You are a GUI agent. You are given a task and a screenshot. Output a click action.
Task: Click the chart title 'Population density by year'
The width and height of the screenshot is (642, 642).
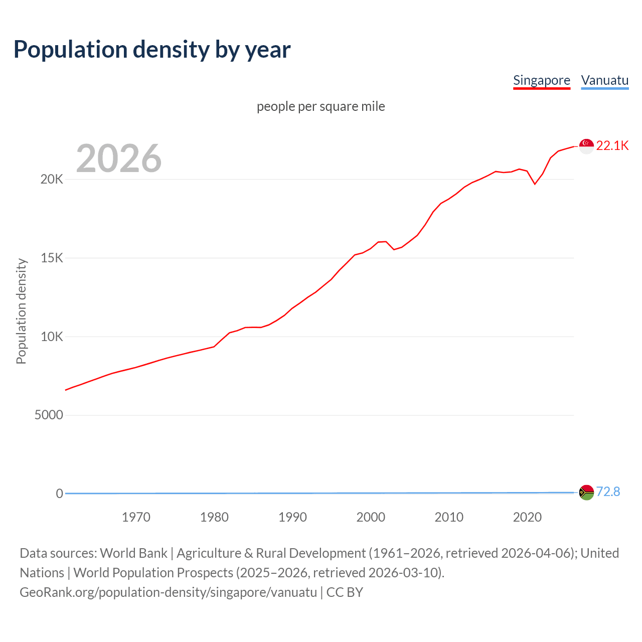pyautogui.click(x=152, y=50)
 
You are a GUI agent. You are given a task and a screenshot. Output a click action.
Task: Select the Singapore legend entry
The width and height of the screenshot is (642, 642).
pyautogui.click(x=541, y=81)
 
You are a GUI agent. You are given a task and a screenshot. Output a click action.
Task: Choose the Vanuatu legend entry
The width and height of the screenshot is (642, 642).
pyautogui.click(x=604, y=81)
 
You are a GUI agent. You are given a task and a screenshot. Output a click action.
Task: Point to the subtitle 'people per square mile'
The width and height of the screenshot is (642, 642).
pyautogui.click(x=320, y=107)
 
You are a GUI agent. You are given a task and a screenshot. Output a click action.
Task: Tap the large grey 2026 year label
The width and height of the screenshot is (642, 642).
pyautogui.click(x=119, y=158)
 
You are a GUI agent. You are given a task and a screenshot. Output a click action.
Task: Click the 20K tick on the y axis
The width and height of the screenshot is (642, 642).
pyautogui.click(x=52, y=180)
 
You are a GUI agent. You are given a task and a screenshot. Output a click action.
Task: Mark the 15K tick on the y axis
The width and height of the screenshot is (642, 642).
pyautogui.click(x=52, y=258)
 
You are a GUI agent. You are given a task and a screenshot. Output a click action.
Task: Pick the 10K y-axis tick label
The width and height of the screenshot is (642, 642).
pyautogui.click(x=52, y=337)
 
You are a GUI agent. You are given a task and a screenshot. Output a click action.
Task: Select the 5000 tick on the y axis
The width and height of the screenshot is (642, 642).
pyautogui.click(x=49, y=415)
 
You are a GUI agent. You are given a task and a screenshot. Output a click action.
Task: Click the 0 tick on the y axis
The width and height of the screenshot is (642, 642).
pyautogui.click(x=59, y=494)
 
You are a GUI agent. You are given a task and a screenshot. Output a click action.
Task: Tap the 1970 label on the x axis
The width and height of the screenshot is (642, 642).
pyautogui.click(x=136, y=517)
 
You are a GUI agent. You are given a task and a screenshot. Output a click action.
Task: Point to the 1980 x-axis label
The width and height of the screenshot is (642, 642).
pyautogui.click(x=214, y=517)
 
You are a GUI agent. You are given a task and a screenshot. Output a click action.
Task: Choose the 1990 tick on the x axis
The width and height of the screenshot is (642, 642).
pyautogui.click(x=292, y=517)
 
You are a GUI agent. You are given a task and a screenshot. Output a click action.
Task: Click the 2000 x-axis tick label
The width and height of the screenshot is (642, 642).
pyautogui.click(x=371, y=517)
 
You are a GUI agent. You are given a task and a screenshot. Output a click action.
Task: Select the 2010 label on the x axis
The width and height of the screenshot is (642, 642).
pyautogui.click(x=449, y=517)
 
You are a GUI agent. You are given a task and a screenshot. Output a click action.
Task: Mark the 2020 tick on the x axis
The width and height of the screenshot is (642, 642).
pyautogui.click(x=527, y=517)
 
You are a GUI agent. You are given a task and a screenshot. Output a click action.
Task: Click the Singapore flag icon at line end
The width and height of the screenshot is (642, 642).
pyautogui.click(x=586, y=146)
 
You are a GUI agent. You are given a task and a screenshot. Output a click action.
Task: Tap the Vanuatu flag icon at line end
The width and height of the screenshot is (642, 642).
pyautogui.click(x=586, y=493)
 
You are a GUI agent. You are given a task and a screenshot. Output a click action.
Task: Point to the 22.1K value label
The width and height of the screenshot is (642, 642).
pyautogui.click(x=612, y=146)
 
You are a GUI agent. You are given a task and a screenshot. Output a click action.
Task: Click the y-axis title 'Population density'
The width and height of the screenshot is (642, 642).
pyautogui.click(x=21, y=311)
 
